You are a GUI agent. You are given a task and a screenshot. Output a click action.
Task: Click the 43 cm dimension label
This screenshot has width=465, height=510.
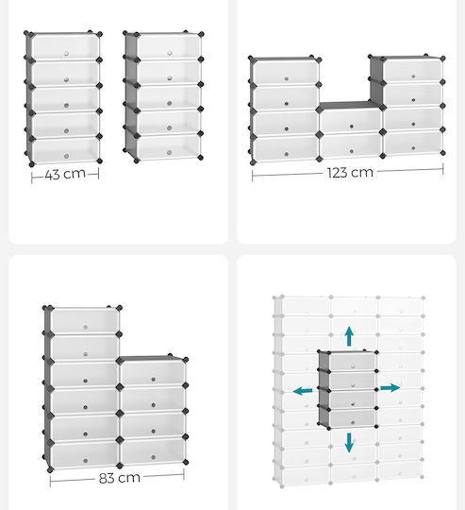coord(65,174)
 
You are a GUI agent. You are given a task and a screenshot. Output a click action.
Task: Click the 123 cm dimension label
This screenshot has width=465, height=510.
coord(350,173)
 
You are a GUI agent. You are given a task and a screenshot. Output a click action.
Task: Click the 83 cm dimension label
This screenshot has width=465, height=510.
coord(120,478)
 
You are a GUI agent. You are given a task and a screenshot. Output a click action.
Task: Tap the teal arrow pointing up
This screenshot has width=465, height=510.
coord(349,336)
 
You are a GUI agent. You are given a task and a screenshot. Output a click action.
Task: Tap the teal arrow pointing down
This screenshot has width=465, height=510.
coord(349,443)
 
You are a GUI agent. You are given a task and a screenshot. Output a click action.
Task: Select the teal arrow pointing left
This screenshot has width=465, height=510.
coord(303,390)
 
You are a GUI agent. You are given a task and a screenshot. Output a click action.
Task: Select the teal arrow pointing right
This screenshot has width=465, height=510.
coord(390,388)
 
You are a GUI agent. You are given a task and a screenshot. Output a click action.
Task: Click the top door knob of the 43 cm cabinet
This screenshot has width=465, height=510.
coord(66,53)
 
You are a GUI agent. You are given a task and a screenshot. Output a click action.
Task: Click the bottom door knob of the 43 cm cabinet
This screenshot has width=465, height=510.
coord(66,156)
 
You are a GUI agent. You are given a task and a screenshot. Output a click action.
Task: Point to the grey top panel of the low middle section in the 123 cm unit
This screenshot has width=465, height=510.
coord(350,106)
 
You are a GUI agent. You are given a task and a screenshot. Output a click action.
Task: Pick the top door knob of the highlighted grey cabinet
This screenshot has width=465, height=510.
coord(353,366)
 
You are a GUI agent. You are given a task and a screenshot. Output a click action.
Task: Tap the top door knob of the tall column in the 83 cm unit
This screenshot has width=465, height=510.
coord(86,327)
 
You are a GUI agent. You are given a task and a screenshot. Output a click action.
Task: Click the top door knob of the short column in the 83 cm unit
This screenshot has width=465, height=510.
coord(153,380)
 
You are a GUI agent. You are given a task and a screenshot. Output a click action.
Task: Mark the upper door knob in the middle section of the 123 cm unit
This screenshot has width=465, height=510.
coord(352,127)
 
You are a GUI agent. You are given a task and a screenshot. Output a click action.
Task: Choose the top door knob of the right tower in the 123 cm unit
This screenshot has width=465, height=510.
coord(413,76)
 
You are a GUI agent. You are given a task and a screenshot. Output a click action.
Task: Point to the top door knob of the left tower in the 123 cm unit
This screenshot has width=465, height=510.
coord(287,78)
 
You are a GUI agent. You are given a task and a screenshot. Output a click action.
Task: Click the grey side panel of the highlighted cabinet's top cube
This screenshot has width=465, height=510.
coord(324,362)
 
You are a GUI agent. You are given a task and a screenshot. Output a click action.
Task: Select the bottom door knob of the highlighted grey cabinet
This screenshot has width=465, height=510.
coord(353,422)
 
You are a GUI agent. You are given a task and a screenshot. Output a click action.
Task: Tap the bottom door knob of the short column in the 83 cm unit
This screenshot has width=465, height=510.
coord(153,457)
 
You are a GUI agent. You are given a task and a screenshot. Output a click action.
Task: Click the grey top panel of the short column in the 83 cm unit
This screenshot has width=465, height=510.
coord(152,359)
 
